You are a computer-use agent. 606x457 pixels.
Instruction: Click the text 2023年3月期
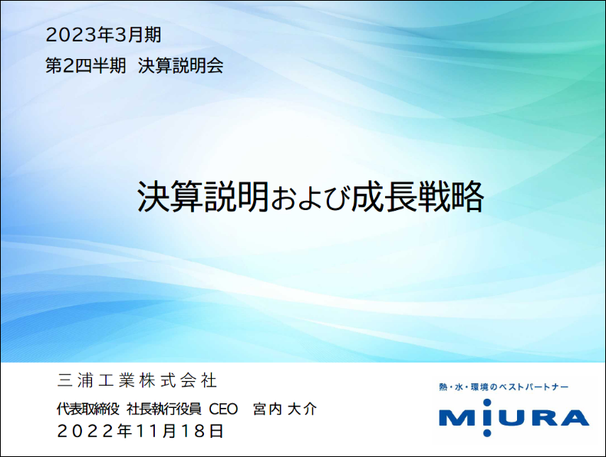[104, 35]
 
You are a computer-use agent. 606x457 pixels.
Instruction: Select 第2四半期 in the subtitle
[86, 65]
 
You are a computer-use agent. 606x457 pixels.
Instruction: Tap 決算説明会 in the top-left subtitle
[180, 65]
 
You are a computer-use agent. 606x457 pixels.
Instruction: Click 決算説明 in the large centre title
[203, 196]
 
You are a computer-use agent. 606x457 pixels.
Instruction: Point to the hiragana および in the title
[310, 199]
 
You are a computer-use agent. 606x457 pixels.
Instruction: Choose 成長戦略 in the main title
[417, 196]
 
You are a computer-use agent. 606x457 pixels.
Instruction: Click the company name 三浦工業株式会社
[137, 380]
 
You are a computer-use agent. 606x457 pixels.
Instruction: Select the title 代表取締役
[88, 409]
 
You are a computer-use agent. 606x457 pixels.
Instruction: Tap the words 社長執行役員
[164, 409]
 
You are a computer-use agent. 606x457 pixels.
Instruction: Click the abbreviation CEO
[223, 409]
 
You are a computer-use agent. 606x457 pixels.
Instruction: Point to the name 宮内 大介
[285, 409]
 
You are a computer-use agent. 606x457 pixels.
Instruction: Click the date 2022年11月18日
[140, 431]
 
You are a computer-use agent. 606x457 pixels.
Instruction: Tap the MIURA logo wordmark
[514, 418]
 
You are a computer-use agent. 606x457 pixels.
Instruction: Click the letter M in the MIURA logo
[458, 418]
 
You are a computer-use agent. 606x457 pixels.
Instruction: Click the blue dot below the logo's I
[487, 432]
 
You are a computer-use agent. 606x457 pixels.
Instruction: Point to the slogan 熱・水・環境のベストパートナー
[503, 386]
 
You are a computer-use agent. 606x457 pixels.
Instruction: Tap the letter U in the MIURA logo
[508, 418]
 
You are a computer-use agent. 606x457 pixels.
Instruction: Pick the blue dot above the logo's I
[487, 403]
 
